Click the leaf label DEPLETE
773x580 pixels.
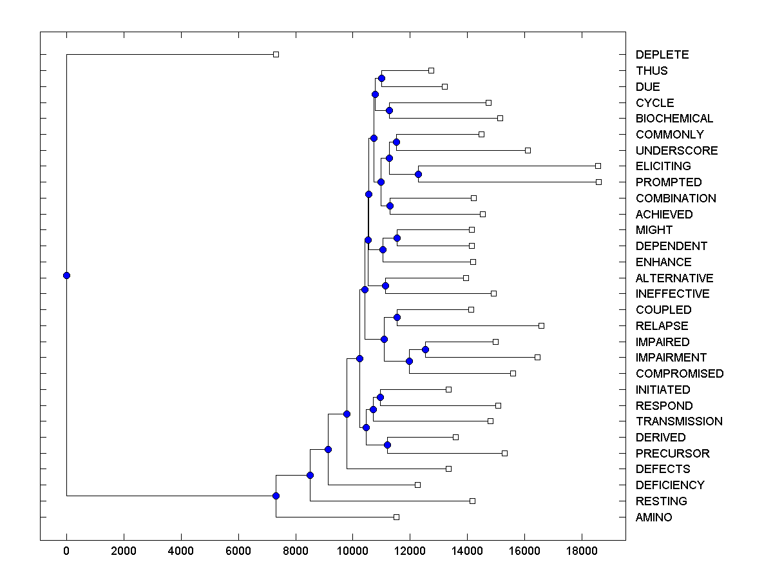[662, 55]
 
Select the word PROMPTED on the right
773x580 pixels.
[668, 182]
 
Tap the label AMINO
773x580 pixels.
[653, 517]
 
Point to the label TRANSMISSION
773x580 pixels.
[678, 421]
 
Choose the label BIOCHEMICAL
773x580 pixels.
[674, 119]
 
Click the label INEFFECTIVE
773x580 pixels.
[672, 294]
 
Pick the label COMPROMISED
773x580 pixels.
[679, 374]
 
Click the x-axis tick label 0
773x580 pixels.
[66, 550]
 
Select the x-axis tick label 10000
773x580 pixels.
[353, 550]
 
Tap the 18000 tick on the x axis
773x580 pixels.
[582, 550]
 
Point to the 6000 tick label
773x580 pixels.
[238, 550]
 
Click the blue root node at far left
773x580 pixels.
[66, 275]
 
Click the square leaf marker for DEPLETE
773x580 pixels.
[276, 54]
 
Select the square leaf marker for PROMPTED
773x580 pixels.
[598, 182]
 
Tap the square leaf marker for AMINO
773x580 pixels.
[396, 517]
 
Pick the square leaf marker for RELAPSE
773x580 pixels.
[541, 325]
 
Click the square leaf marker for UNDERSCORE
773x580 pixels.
[528, 150]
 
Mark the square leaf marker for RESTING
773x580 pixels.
[472, 501]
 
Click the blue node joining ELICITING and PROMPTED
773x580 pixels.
[418, 174]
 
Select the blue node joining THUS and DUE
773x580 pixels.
[381, 78]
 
